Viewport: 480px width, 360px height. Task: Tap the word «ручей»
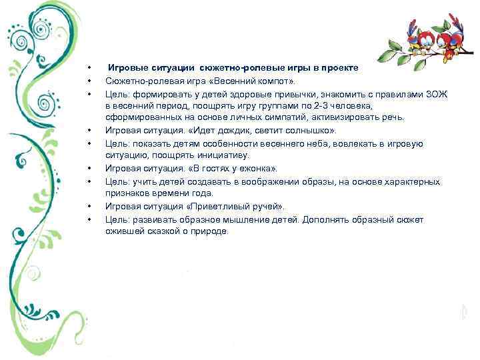click(x=276, y=207)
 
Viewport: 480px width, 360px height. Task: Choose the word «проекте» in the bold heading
click(x=339, y=68)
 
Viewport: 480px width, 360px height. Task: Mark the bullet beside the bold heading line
click(x=87, y=69)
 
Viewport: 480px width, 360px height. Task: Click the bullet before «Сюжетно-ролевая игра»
click(x=87, y=81)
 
